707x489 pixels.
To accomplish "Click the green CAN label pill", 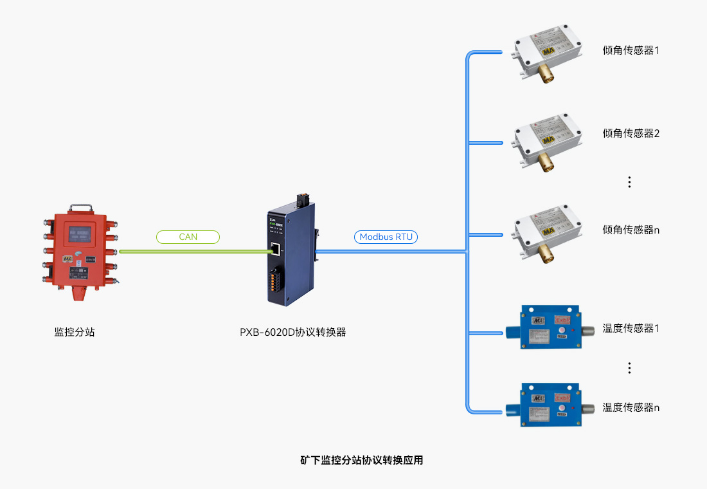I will (188, 237).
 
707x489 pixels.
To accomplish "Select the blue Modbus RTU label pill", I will (386, 237).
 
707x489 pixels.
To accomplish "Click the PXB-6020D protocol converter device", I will (291, 254).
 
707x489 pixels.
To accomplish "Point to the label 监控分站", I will (75, 333).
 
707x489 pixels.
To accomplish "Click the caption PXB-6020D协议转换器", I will (293, 333).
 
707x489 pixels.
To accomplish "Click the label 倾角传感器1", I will (631, 50).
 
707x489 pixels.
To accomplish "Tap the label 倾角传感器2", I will (631, 134).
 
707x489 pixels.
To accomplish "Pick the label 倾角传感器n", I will (631, 230).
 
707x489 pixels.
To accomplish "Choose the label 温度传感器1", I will (631, 328).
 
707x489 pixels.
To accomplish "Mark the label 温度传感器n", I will (631, 407).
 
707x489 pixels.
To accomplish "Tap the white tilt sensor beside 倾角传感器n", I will (548, 235).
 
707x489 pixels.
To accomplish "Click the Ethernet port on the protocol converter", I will (274, 248).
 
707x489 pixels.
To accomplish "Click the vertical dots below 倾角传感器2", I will (629, 182).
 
